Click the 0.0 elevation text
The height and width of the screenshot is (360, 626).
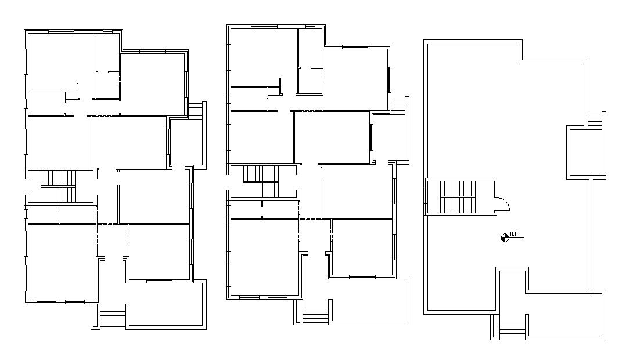pos(514,234)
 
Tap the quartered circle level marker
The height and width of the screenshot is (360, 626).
pos(505,238)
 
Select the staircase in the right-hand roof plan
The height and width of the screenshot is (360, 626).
pos(458,197)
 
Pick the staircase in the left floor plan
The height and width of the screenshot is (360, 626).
pos(59,186)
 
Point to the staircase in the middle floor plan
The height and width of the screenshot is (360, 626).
pos(261,182)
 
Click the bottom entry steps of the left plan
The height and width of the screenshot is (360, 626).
pos(113,319)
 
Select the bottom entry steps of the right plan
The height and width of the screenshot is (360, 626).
pos(512,329)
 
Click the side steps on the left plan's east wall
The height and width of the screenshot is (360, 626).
pos(196,110)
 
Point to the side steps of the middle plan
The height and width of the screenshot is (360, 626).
pos(398,106)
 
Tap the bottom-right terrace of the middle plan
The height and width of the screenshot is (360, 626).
pos(369,300)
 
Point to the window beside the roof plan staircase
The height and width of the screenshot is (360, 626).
pos(426,197)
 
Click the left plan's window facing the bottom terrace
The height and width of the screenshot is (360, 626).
pos(159,282)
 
